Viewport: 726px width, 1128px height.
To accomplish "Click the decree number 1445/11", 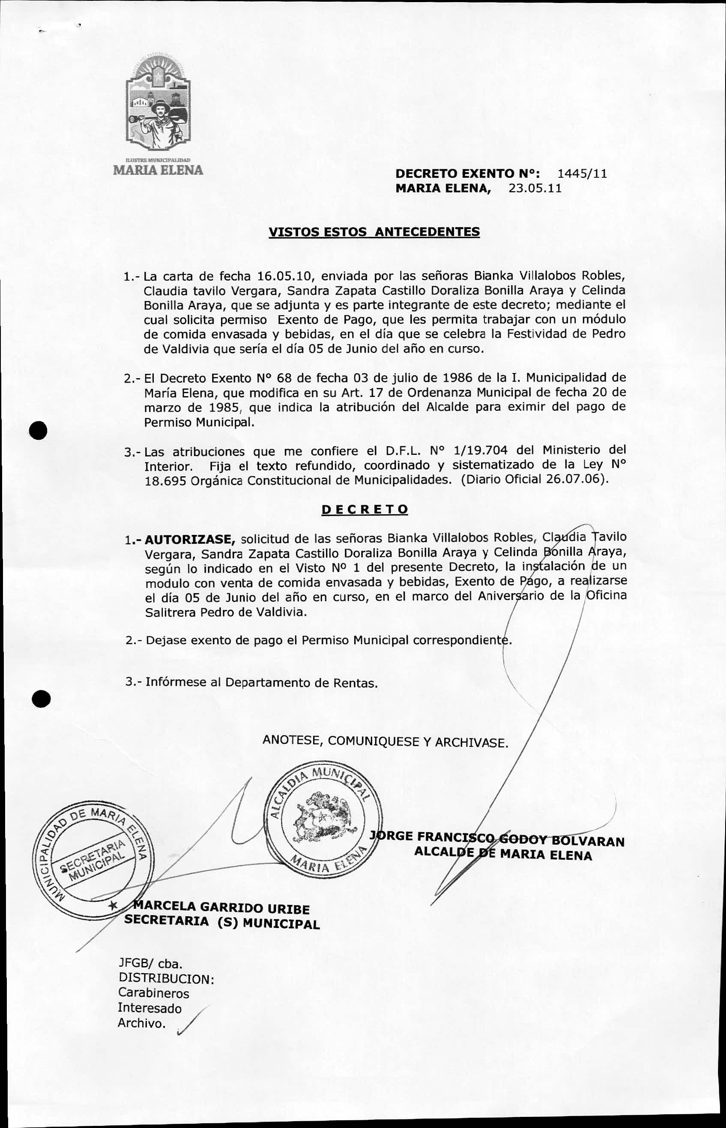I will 582,174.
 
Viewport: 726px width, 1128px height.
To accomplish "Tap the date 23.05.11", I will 535,188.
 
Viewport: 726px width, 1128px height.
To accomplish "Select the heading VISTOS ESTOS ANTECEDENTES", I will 374,232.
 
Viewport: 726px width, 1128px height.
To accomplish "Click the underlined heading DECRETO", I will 364,510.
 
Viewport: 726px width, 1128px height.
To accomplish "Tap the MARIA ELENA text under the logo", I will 158,170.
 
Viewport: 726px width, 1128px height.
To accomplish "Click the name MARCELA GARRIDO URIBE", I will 221,907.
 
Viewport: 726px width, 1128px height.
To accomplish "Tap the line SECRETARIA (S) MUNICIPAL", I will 221,922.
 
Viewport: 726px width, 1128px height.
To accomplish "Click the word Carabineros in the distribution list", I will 153,993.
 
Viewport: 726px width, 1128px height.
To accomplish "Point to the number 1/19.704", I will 480,451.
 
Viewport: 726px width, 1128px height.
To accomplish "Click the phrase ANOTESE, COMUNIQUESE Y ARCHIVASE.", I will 385,741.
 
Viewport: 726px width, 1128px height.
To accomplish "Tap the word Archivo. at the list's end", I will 141,1024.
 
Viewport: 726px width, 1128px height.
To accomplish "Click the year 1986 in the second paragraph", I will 460,378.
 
